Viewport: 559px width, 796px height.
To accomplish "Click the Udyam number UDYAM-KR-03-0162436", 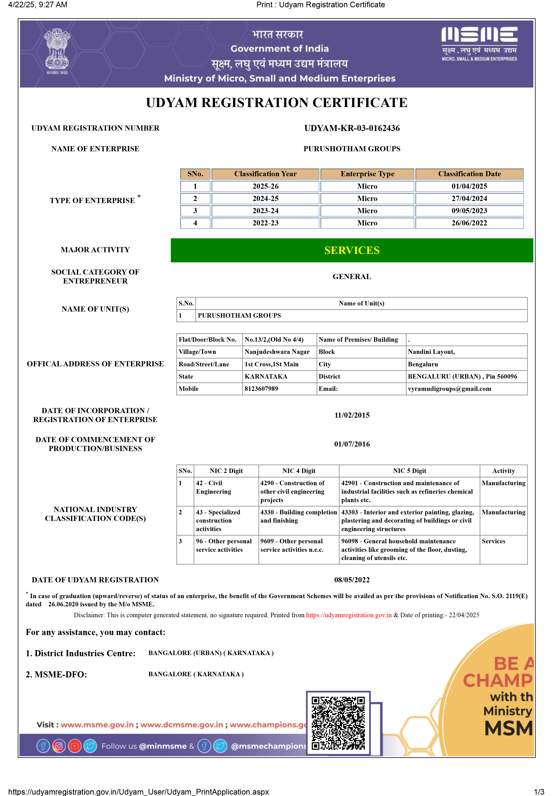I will tap(352, 128).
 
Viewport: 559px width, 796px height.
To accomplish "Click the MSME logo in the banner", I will tap(479, 43).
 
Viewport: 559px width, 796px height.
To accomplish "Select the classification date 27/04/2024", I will tap(469, 199).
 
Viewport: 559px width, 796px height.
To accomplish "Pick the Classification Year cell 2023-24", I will tap(265, 211).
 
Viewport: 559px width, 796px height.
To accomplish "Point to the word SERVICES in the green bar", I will tap(352, 250).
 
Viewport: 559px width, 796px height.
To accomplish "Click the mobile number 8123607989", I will tap(261, 389).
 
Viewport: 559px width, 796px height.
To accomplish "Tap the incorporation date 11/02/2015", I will tap(352, 415).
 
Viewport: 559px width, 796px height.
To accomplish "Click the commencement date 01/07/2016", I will tap(352, 444).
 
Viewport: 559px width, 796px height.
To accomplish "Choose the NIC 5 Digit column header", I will tap(409, 471).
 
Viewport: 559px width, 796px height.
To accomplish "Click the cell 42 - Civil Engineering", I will tap(213, 487).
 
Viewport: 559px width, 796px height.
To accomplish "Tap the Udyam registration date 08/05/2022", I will tap(352, 580).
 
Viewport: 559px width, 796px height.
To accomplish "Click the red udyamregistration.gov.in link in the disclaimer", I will tap(349, 615).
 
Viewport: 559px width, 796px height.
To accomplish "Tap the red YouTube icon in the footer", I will tap(75, 746).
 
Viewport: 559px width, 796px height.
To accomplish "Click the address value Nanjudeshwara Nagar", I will tap(277, 352).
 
